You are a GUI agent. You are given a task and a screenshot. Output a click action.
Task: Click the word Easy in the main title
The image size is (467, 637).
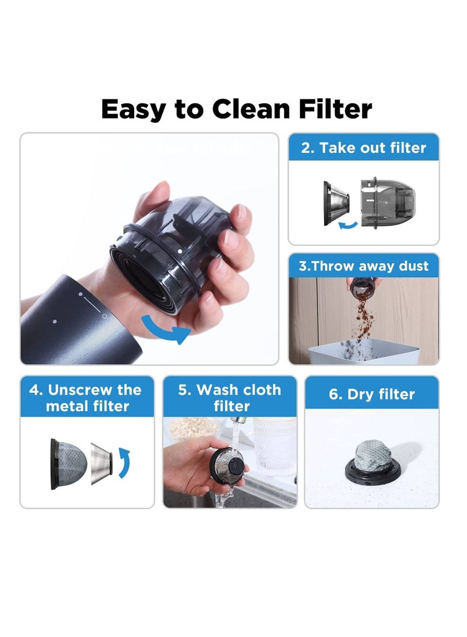pos(134,110)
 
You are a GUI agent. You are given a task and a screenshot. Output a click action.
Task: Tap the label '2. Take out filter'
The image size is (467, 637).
pos(364,148)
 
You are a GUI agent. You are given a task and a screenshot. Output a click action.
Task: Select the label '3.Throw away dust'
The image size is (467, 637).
pos(364,266)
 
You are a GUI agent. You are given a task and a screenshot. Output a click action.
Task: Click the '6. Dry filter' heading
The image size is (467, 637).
pos(372,394)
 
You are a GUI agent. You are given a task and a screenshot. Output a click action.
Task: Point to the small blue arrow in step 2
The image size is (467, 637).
pos(348,225)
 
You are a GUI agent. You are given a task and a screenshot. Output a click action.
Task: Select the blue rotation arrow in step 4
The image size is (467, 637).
pos(125,462)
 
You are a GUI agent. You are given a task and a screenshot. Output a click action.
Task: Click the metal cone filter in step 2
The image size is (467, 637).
pos(336,203)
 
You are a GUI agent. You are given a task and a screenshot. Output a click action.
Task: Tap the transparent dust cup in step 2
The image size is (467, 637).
pos(388,203)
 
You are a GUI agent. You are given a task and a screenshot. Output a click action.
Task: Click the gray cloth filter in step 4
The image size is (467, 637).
pos(68,464)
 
